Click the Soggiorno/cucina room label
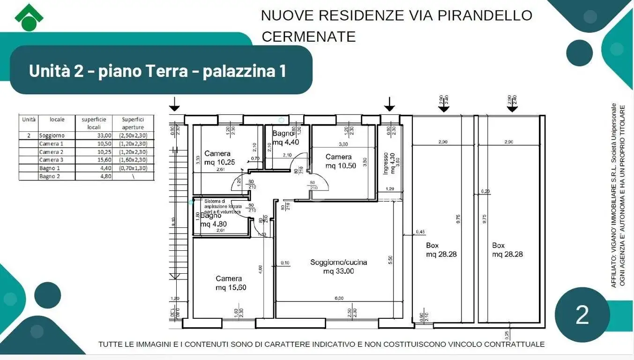click(338, 266)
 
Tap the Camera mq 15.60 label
click(231, 283)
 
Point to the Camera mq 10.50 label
click(338, 161)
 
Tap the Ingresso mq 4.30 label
click(388, 163)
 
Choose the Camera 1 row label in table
click(51, 143)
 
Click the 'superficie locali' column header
click(94, 123)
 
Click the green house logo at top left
click(29, 16)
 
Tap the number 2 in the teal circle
click(582, 315)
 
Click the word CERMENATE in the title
click(309, 37)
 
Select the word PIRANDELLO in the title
click(485, 15)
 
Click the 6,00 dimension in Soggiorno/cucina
click(339, 298)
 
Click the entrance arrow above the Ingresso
click(389, 104)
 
